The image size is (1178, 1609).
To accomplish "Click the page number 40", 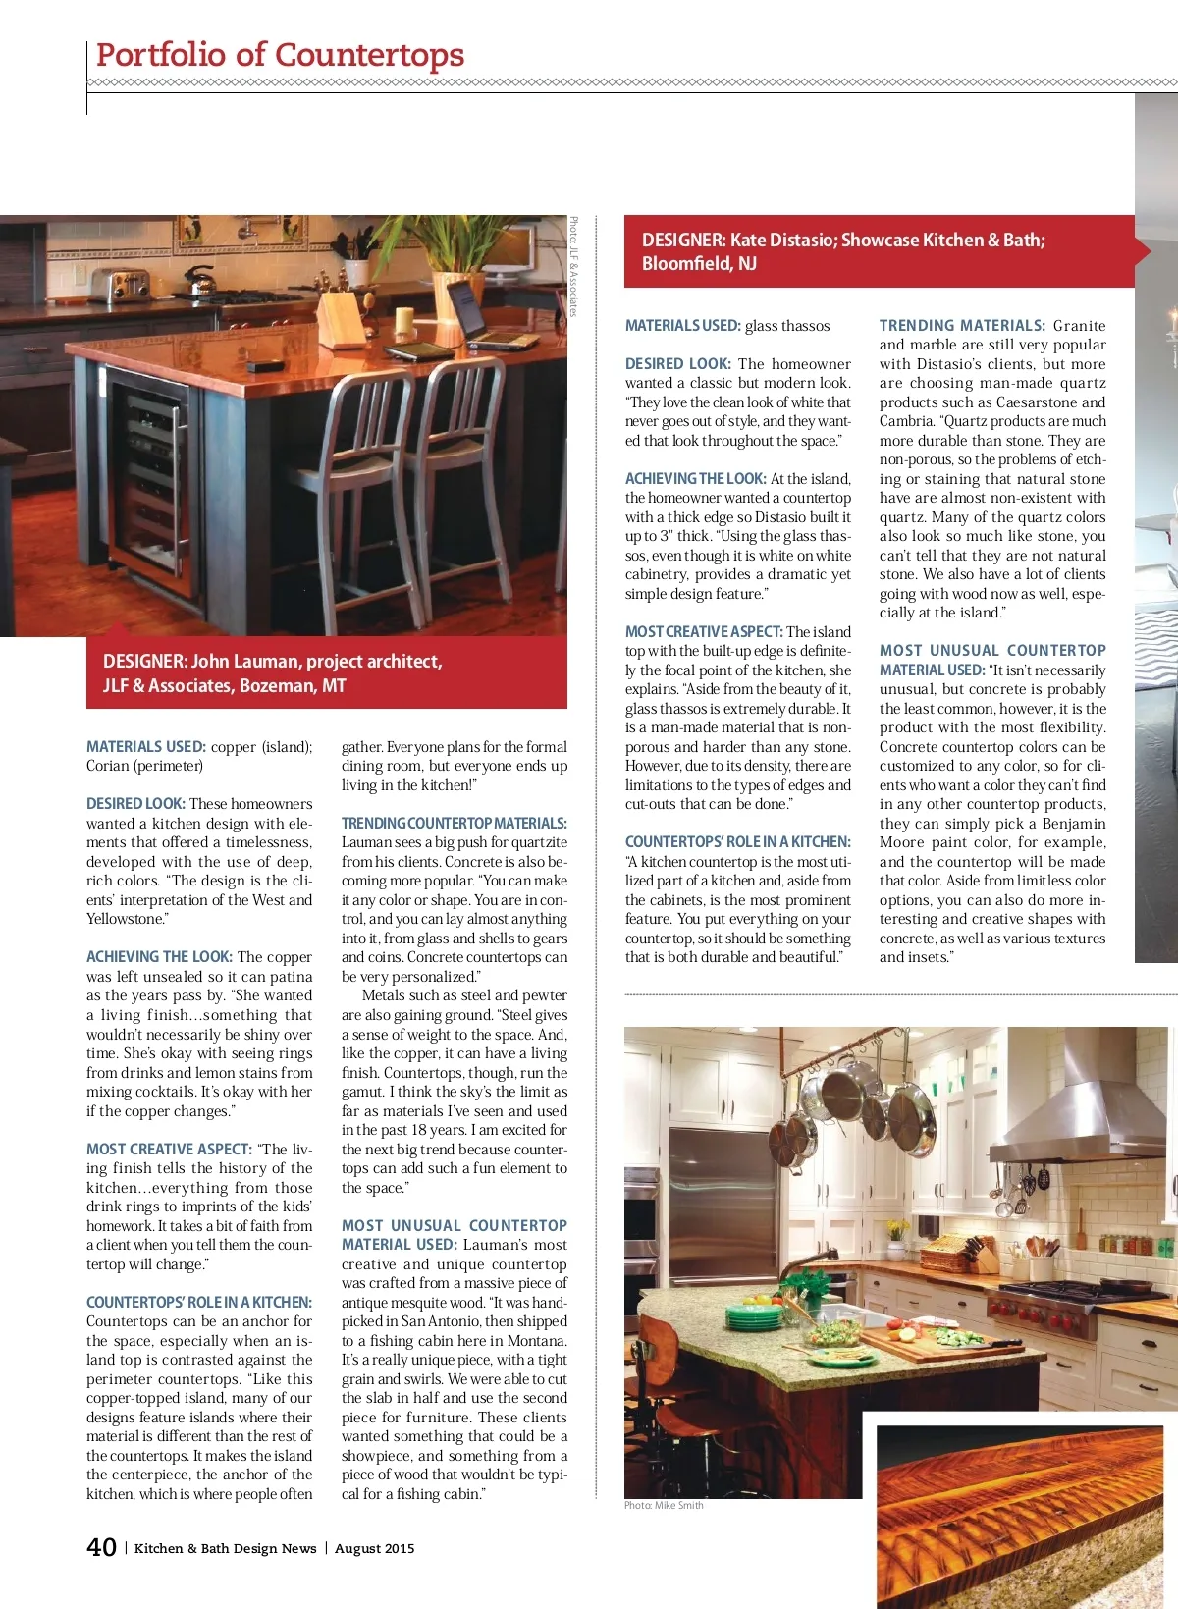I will [102, 1547].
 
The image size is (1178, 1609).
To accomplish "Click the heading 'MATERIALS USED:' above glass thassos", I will [682, 325].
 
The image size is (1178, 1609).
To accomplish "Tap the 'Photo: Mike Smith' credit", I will [664, 1505].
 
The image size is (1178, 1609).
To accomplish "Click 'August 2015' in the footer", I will [374, 1548].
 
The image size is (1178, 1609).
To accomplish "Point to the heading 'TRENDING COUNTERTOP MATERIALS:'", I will [454, 823].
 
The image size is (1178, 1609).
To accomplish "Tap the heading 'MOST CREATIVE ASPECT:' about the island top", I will [703, 631].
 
